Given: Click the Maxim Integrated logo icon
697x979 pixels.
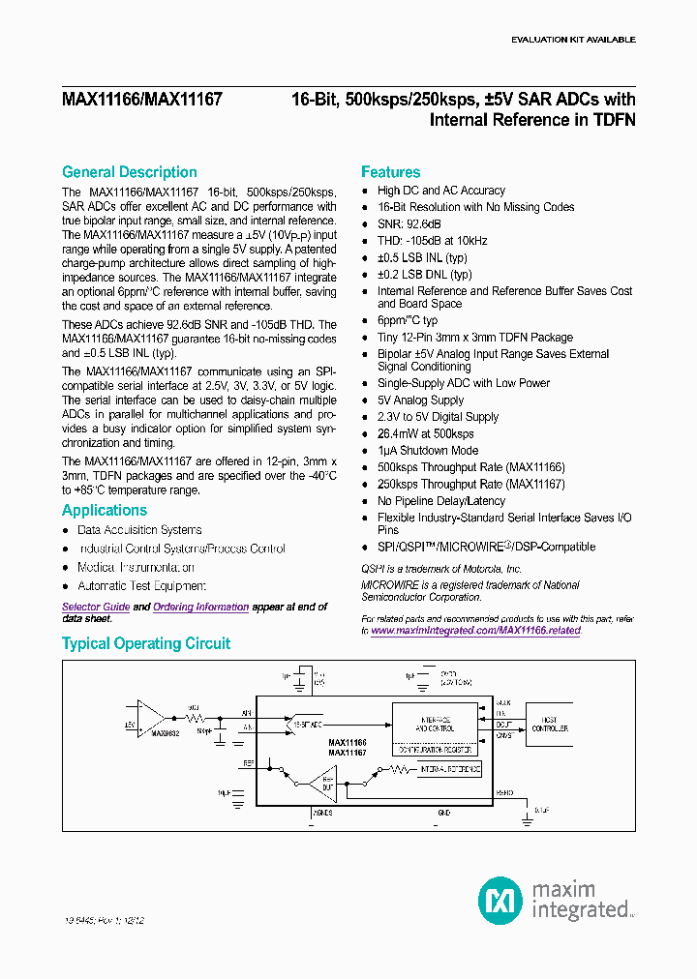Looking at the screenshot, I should tap(500, 900).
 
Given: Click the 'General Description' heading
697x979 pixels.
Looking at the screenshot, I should tap(129, 172).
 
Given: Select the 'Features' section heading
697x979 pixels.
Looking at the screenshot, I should tap(390, 172).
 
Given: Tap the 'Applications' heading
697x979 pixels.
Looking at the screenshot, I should tap(105, 511).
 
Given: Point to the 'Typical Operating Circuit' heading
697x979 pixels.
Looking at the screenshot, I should tap(146, 643).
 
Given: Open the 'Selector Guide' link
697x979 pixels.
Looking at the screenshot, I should tap(96, 607).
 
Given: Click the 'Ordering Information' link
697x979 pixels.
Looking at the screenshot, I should tap(200, 607).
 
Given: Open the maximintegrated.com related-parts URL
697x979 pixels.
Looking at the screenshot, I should tap(475, 631).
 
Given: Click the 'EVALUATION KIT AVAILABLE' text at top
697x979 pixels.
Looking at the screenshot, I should tap(573, 40).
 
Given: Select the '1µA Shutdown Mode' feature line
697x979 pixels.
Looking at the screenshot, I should tap(428, 451).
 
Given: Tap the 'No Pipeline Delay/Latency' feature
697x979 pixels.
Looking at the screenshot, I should tap(441, 501).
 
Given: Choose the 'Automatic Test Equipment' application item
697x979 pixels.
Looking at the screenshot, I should tap(141, 586).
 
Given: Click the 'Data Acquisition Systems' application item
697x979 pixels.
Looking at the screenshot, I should tap(139, 530).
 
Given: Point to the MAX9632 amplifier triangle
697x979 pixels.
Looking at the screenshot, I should tap(150, 717).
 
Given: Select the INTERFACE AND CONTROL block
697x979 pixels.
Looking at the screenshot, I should tap(436, 721).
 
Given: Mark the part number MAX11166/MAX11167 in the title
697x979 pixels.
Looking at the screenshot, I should tap(142, 100).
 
